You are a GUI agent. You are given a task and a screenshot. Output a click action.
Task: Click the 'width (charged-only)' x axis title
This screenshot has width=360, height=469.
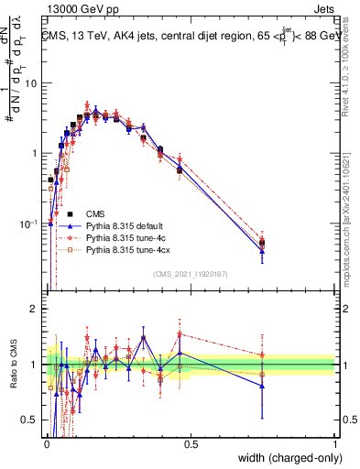pos(285,459)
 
